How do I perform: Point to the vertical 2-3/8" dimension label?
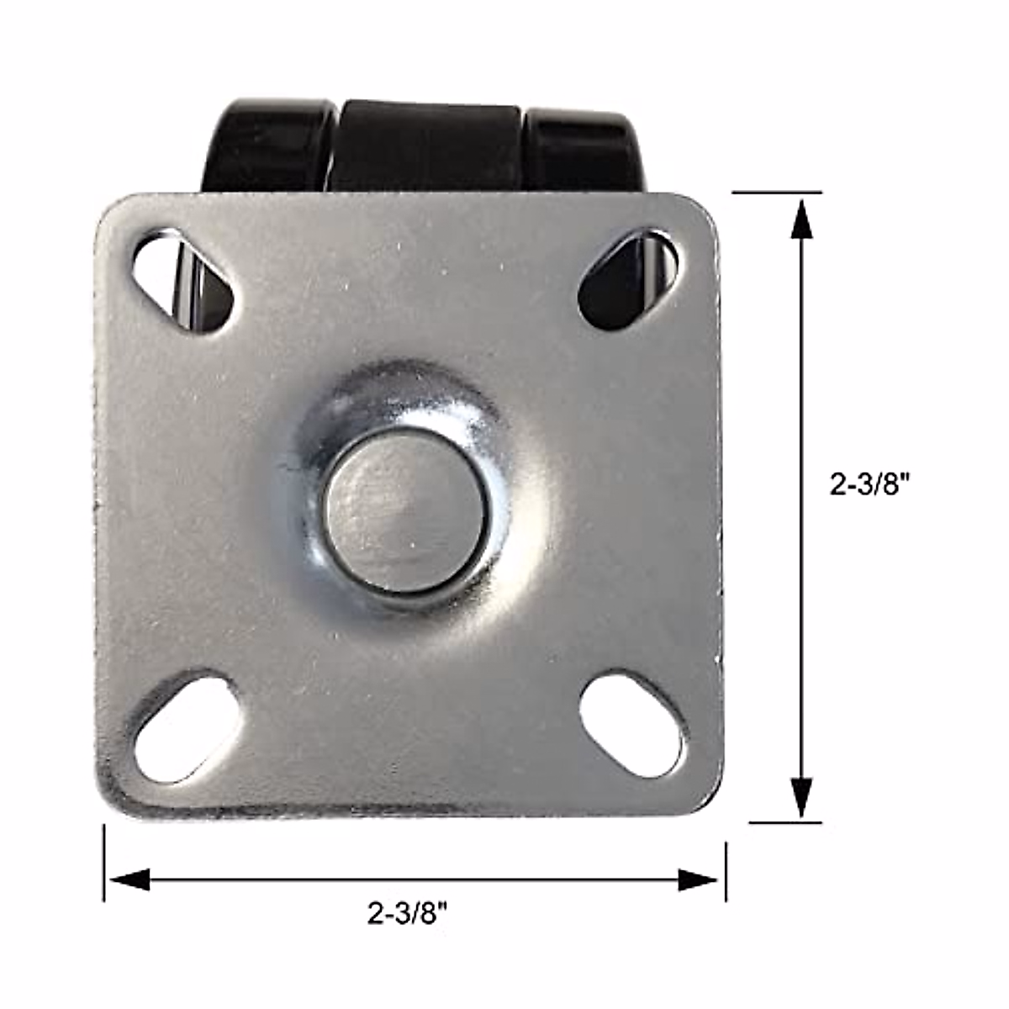[870, 485]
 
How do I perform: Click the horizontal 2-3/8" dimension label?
[406, 912]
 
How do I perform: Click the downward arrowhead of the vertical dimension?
[802, 797]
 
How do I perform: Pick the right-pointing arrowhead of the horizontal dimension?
[698, 880]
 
